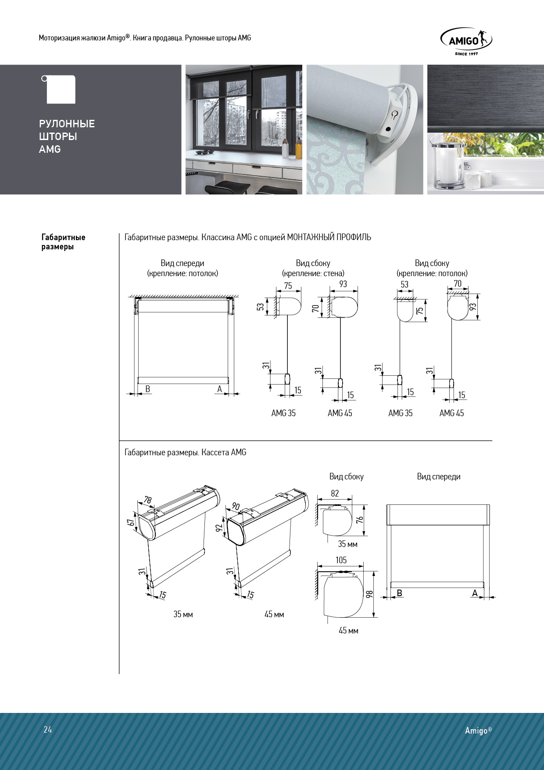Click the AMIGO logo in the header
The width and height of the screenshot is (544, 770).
[466, 42]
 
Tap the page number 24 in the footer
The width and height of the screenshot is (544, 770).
[48, 730]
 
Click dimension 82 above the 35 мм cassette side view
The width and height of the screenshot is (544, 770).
[335, 493]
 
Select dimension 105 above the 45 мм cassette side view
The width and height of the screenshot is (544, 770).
[341, 560]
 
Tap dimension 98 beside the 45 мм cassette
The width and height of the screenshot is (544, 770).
[369, 594]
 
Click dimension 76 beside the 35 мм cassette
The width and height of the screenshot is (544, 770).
[360, 520]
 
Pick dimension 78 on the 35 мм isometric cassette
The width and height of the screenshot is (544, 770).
[148, 500]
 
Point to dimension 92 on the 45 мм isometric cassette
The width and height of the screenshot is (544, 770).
[220, 527]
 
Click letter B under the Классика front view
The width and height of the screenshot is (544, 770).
[148, 389]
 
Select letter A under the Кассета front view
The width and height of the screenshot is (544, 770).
[475, 593]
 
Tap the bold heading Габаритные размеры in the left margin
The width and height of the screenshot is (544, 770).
[63, 242]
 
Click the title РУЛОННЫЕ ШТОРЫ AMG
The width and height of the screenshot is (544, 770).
[67, 137]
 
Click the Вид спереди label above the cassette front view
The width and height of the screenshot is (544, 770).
[439, 477]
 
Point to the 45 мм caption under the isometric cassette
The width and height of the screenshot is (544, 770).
[274, 615]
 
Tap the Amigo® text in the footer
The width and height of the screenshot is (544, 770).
[479, 730]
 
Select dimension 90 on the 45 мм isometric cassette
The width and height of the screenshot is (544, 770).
[236, 506]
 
